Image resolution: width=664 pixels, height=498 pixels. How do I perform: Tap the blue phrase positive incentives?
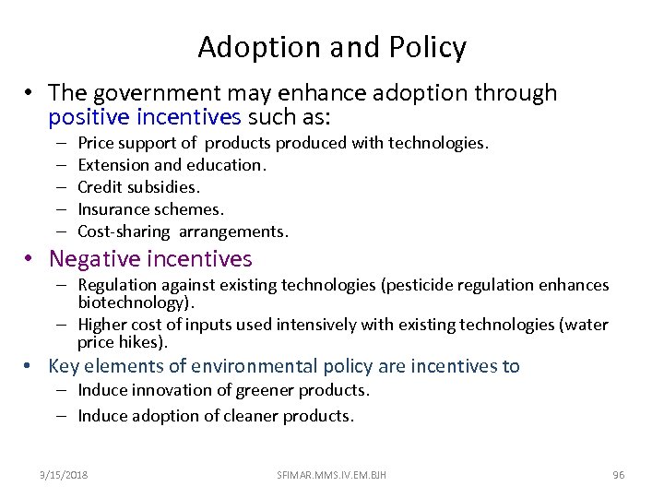pos(145,118)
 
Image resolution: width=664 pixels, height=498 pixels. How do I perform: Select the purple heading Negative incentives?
pos(150,259)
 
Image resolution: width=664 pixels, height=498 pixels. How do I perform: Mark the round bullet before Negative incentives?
pos(31,260)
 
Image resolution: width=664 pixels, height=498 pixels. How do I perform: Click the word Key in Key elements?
pos(65,366)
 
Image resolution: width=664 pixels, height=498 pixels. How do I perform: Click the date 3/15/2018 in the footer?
pos(65,475)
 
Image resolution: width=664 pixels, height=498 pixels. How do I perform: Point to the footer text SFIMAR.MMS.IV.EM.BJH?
pos(332,475)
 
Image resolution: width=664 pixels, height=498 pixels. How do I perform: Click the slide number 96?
pos(618,475)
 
